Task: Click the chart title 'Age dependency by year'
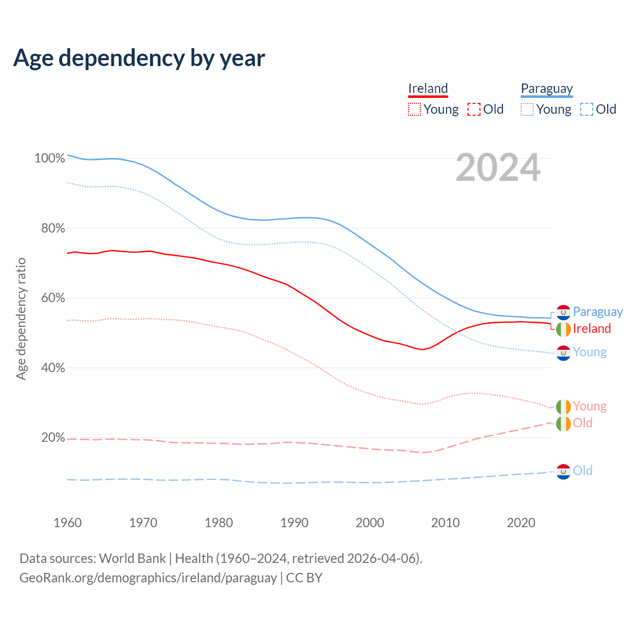pos(139,58)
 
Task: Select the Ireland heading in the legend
pos(428,88)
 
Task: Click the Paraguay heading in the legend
pos(547,88)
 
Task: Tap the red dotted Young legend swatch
pos(414,109)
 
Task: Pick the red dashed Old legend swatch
pos(474,109)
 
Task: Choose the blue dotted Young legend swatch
pos(527,109)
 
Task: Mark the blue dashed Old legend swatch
pos(587,109)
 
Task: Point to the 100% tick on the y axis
pos(49,159)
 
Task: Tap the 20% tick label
pos(53,438)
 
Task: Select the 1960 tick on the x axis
pos(68,523)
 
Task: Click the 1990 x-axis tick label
pos(294,523)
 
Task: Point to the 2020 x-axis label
pos(521,523)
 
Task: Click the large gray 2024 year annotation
pos(498,168)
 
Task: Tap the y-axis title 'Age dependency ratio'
pos(21,318)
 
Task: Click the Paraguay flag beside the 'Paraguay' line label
pos(563,312)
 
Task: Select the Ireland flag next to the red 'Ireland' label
pos(563,329)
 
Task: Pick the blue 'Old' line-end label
pos(582,471)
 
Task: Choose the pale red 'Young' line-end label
pos(589,406)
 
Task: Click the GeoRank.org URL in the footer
pos(148,578)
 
